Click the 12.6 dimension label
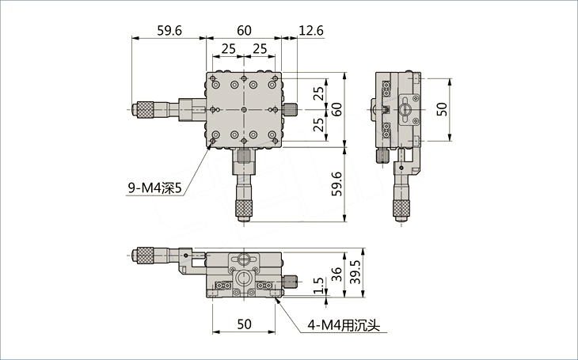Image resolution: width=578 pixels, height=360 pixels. (310, 30)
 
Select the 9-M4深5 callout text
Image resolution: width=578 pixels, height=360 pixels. (155, 188)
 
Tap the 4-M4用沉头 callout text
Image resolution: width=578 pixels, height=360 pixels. (344, 325)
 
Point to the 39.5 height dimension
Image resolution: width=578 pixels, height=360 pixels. (355, 272)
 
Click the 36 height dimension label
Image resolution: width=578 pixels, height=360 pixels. (337, 275)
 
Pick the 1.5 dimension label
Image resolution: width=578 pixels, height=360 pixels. (319, 285)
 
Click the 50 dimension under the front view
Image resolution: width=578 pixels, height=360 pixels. (244, 324)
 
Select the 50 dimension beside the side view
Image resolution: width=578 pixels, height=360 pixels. (442, 109)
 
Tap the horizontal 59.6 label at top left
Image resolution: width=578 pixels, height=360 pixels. (169, 30)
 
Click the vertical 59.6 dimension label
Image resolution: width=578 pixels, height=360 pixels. (337, 184)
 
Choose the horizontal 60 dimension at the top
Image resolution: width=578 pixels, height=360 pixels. (244, 30)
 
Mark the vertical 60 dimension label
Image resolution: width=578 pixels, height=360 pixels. (337, 109)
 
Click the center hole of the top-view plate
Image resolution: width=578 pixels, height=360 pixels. (244, 109)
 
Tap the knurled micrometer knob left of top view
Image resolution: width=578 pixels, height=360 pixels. (145, 109)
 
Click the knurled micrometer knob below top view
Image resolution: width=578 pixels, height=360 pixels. (244, 210)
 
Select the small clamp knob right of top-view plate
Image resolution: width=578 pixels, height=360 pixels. (291, 109)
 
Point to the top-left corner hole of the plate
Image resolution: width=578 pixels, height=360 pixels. (213, 78)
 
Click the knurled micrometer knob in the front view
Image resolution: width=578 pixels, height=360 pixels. (145, 255)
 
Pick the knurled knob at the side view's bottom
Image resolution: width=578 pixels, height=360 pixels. (401, 209)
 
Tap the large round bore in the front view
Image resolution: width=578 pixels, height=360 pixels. (243, 279)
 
